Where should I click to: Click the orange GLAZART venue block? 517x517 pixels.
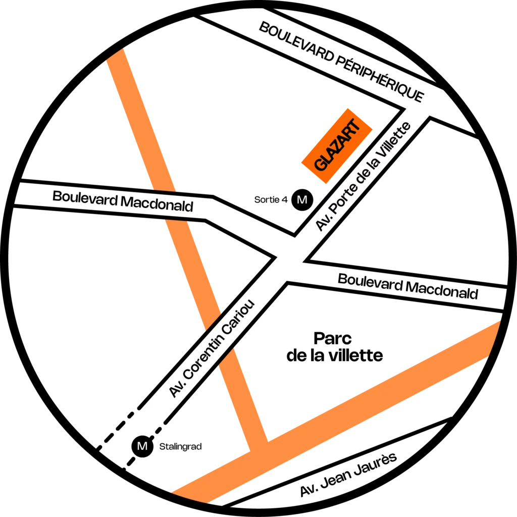[337, 146]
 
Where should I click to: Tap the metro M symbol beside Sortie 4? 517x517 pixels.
[302, 200]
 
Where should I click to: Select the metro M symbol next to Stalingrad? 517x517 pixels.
[142, 446]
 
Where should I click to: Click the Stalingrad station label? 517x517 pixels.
[180, 447]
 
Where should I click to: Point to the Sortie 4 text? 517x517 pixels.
[271, 199]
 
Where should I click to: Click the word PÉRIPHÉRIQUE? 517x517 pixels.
[380, 78]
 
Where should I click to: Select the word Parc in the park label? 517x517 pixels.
[332, 339]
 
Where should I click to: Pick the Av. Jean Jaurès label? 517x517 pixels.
[348, 474]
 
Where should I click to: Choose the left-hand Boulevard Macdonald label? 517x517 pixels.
[123, 201]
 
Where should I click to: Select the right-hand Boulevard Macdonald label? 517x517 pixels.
[408, 287]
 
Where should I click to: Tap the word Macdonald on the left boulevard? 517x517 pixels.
[157, 203]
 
